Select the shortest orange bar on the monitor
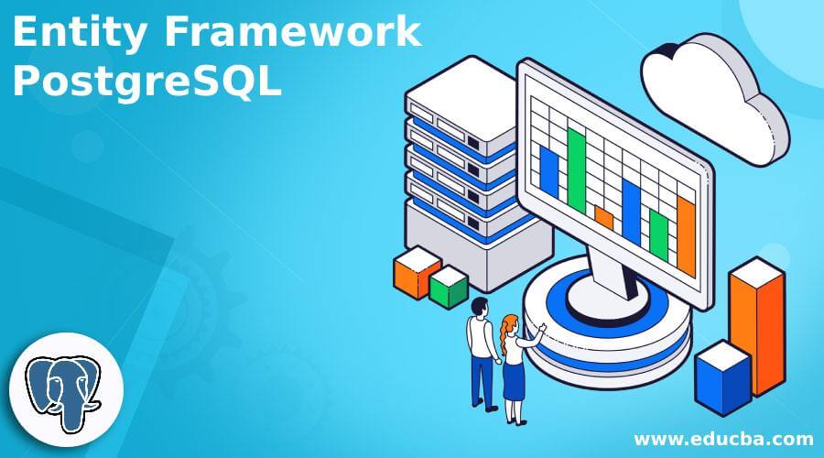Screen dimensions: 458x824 pos(603,218)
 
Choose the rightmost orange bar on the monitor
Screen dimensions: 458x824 pos(686,235)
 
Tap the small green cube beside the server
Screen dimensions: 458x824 pos(449,288)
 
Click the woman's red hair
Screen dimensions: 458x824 pos(508,326)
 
